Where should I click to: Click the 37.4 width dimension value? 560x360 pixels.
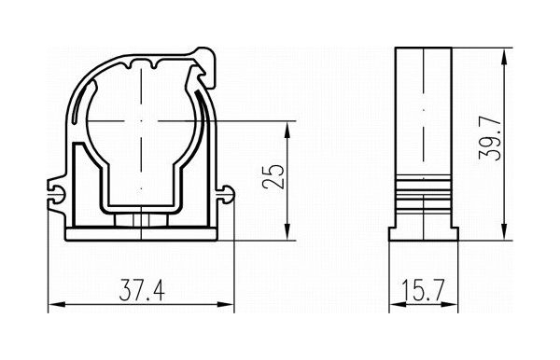tap(142, 290)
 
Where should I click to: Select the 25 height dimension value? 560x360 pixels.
tap(273, 176)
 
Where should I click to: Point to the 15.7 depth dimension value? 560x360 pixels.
tap(423, 290)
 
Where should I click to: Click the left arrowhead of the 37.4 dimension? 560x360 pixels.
tap(56, 305)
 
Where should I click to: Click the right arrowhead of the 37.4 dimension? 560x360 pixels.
tap(225, 305)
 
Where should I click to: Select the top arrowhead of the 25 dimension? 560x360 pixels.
tap(287, 130)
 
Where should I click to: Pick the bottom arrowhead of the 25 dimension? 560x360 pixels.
tap(287, 231)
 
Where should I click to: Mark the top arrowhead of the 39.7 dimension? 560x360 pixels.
tap(504, 56)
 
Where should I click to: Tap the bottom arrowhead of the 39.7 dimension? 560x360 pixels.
tap(504, 231)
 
